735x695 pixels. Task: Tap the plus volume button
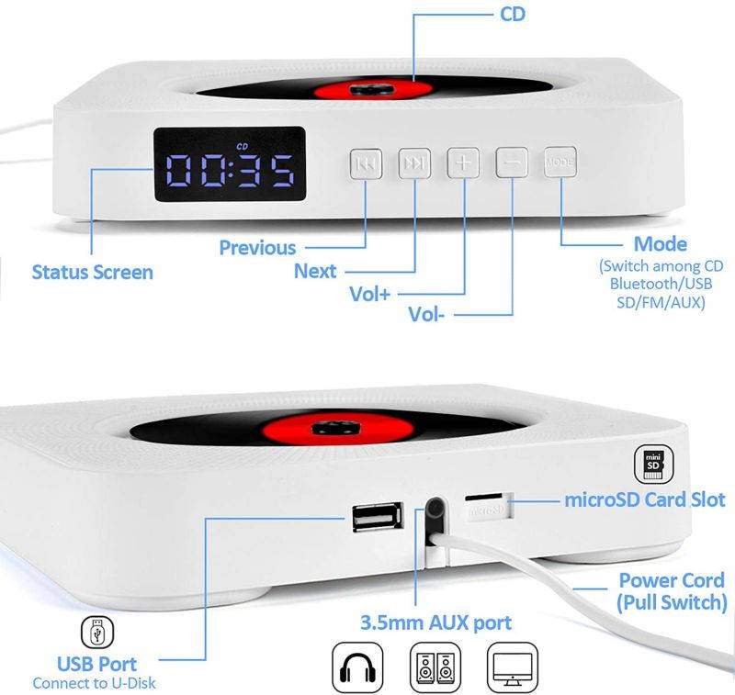click(x=463, y=163)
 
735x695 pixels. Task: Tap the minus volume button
click(x=512, y=163)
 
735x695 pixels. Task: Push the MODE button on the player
click(x=559, y=163)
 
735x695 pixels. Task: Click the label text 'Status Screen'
click(x=92, y=272)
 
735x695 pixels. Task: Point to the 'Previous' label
click(x=257, y=248)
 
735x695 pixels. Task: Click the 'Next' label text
click(x=315, y=271)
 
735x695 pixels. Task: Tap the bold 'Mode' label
click(x=660, y=244)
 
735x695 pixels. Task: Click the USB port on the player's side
click(x=375, y=520)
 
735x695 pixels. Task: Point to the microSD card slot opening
click(x=487, y=507)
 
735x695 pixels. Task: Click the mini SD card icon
click(x=654, y=465)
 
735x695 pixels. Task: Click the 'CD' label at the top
click(x=513, y=15)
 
